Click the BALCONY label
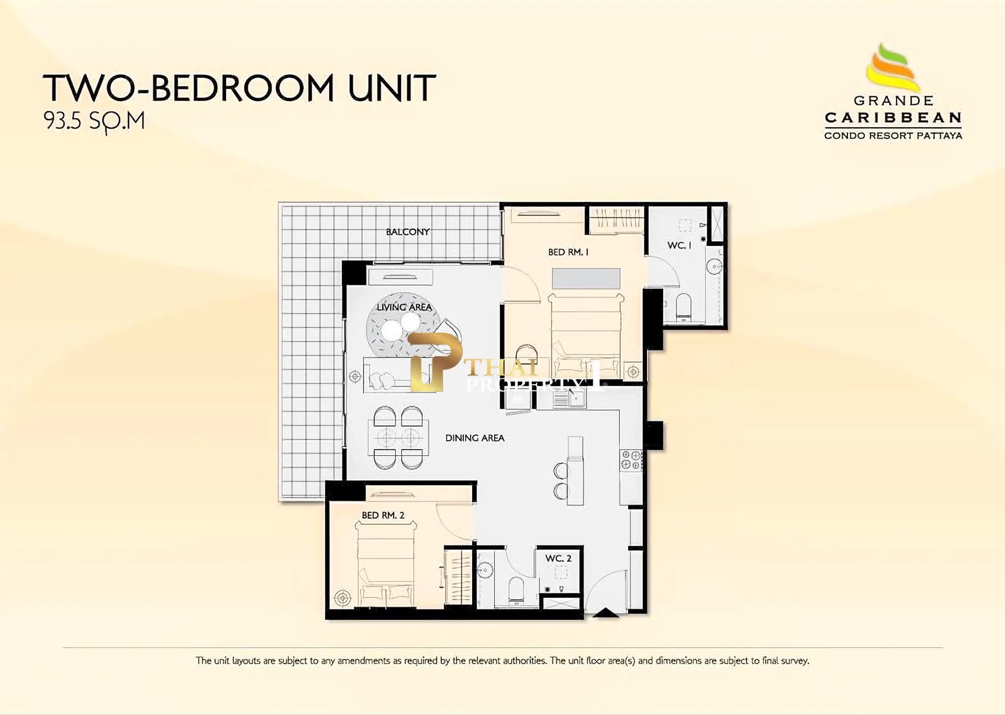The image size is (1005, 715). coord(408,232)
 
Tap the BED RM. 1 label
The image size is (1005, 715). coord(568,252)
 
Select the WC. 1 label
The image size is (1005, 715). coord(679,245)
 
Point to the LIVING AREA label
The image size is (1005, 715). coord(404,307)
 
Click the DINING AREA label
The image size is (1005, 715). coord(475,438)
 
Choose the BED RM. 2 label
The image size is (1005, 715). coord(383,515)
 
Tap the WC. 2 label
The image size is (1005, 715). coord(558,558)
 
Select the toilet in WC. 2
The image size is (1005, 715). coord(517,589)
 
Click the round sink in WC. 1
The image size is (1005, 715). coord(714,266)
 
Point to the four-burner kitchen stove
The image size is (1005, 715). coord(631,460)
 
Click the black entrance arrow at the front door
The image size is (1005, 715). coord(606,612)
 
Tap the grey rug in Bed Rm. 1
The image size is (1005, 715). coord(586,279)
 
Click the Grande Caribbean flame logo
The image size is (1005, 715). coord(892,68)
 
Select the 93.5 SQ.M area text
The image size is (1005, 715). coord(94,121)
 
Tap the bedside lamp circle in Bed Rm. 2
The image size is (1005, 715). coord(343,598)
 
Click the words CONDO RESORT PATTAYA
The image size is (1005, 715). coord(893,136)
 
